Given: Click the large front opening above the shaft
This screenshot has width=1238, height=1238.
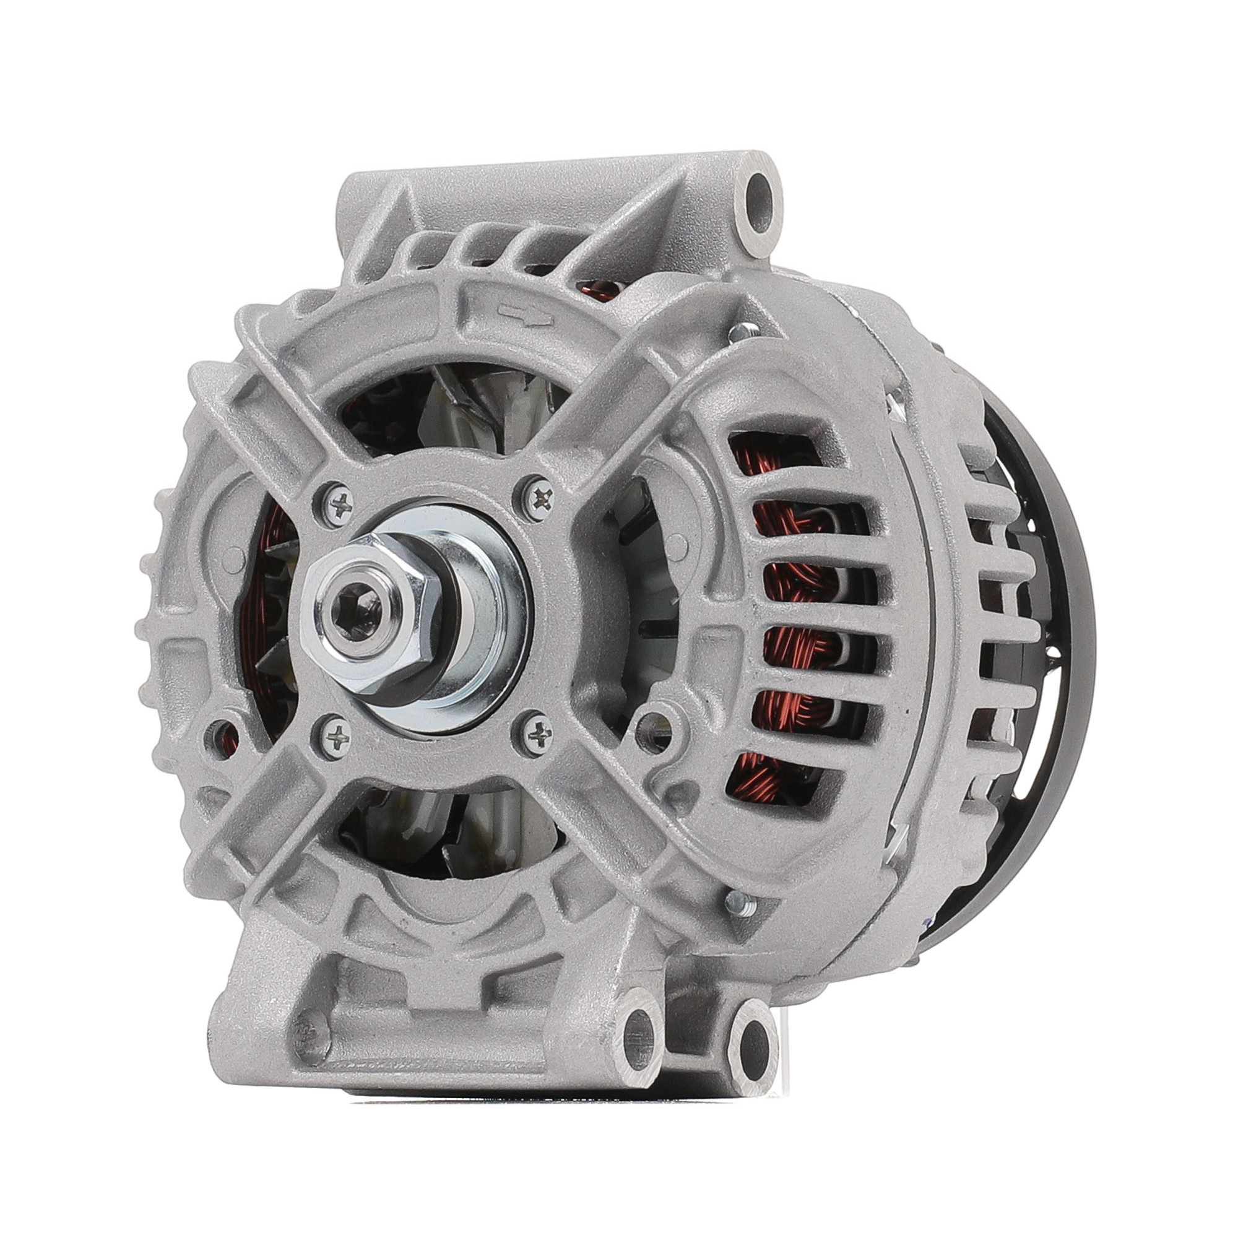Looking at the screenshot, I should coord(449,410).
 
